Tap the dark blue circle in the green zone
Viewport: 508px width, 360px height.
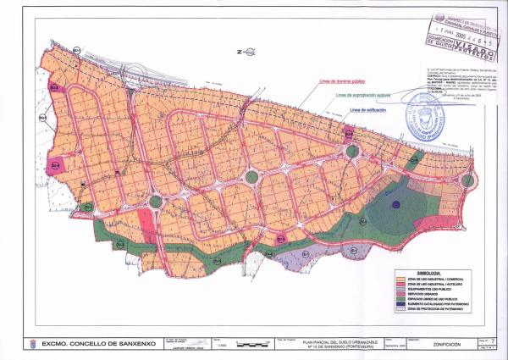(395, 205)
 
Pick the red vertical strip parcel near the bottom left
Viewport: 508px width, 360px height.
(146, 226)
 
